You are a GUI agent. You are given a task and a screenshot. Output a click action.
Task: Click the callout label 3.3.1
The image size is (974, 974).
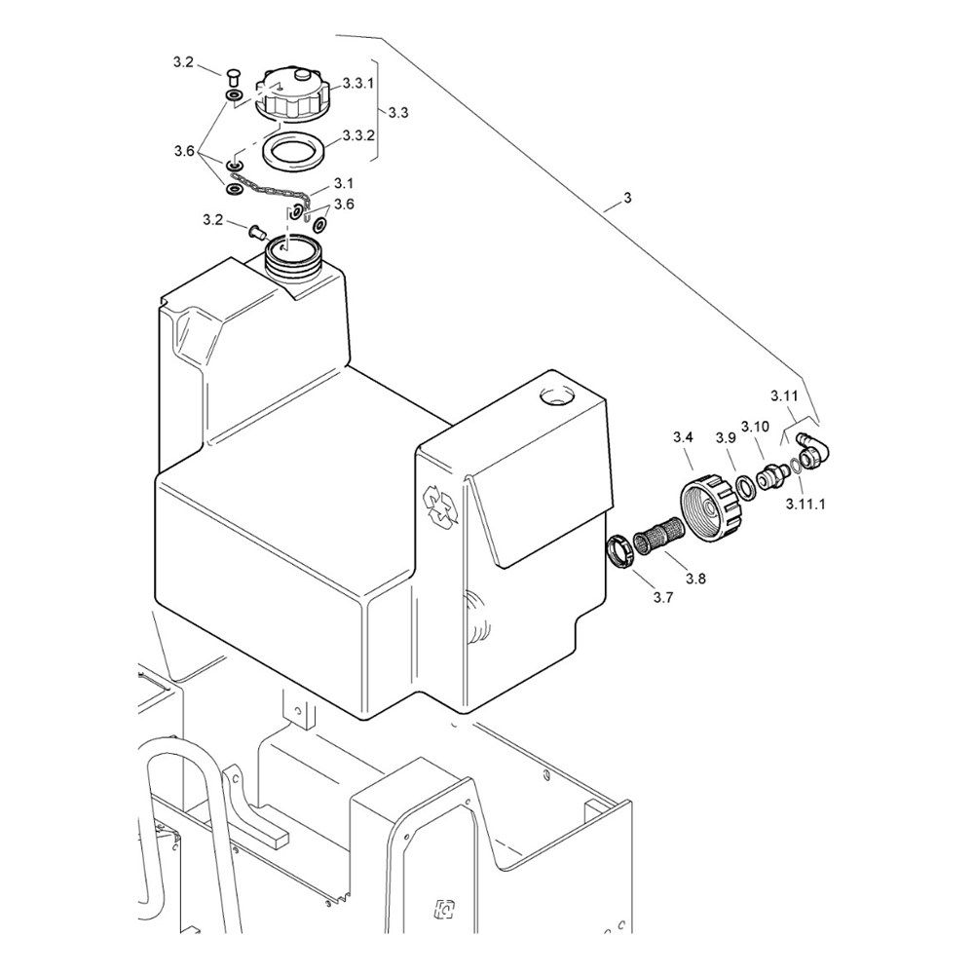pos(358,85)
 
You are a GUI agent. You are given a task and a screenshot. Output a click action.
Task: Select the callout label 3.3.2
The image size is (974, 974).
pos(358,134)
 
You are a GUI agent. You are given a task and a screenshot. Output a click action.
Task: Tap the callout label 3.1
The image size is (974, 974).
pos(344,183)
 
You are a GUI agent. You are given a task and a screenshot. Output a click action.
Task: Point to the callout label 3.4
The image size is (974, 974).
pos(683,437)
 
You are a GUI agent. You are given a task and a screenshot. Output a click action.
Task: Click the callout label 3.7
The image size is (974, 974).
pos(662,598)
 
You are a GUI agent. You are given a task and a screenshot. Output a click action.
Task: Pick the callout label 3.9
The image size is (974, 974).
pos(725,437)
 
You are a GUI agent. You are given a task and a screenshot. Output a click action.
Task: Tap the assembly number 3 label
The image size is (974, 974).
pos(627,198)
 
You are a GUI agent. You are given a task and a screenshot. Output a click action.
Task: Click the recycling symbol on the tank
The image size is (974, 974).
pos(440,506)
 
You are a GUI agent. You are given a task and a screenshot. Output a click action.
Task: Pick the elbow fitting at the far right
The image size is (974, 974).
pos(810,447)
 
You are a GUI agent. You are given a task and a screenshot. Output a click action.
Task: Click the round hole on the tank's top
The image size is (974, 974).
pos(558,396)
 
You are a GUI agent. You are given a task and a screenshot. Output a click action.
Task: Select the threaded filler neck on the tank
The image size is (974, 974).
pos(293,256)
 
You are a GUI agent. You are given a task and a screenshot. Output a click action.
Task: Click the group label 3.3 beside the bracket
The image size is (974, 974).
pos(397,113)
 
